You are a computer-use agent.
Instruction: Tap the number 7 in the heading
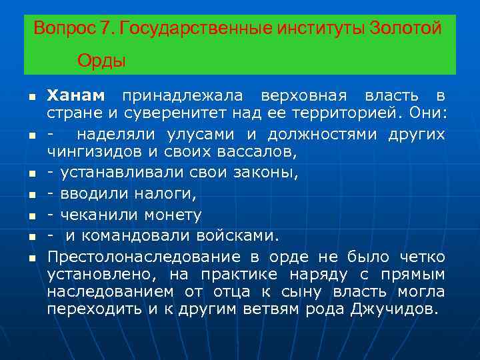pos(105,29)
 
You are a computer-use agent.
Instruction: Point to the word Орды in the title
pos(101,61)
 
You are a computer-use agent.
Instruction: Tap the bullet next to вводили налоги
pos(31,195)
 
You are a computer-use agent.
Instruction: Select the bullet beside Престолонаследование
pos(31,257)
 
